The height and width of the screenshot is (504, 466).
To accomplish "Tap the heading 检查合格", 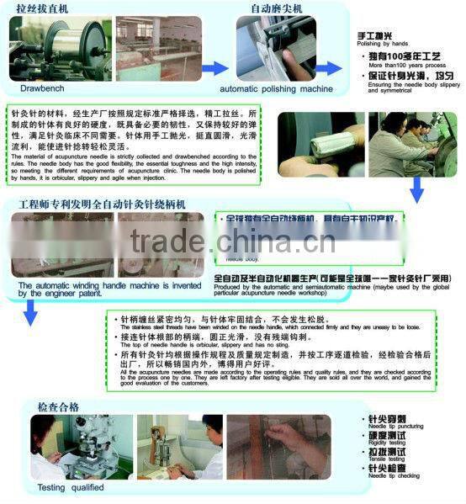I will pos(58,407).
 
